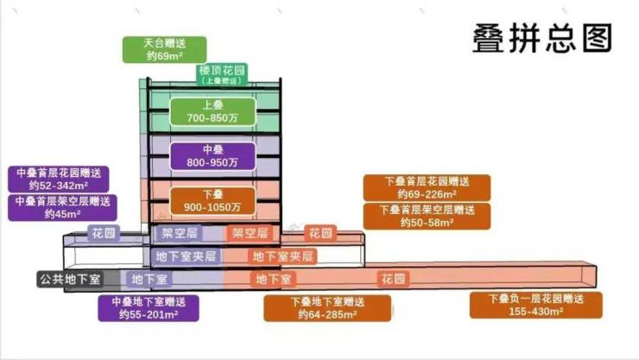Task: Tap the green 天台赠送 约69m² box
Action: (x=165, y=49)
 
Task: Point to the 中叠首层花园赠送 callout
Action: (x=63, y=179)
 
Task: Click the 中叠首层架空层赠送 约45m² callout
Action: (x=63, y=208)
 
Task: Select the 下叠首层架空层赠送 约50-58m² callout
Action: (x=426, y=216)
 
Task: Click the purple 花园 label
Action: (x=104, y=233)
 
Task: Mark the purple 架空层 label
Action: (x=180, y=233)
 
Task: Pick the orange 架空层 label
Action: (x=251, y=233)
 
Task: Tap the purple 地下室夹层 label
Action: (x=187, y=256)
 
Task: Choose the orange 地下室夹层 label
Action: (x=282, y=256)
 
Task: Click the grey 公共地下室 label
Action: (x=70, y=279)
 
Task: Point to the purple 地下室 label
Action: (x=149, y=279)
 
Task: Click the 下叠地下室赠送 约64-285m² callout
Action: (x=326, y=308)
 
